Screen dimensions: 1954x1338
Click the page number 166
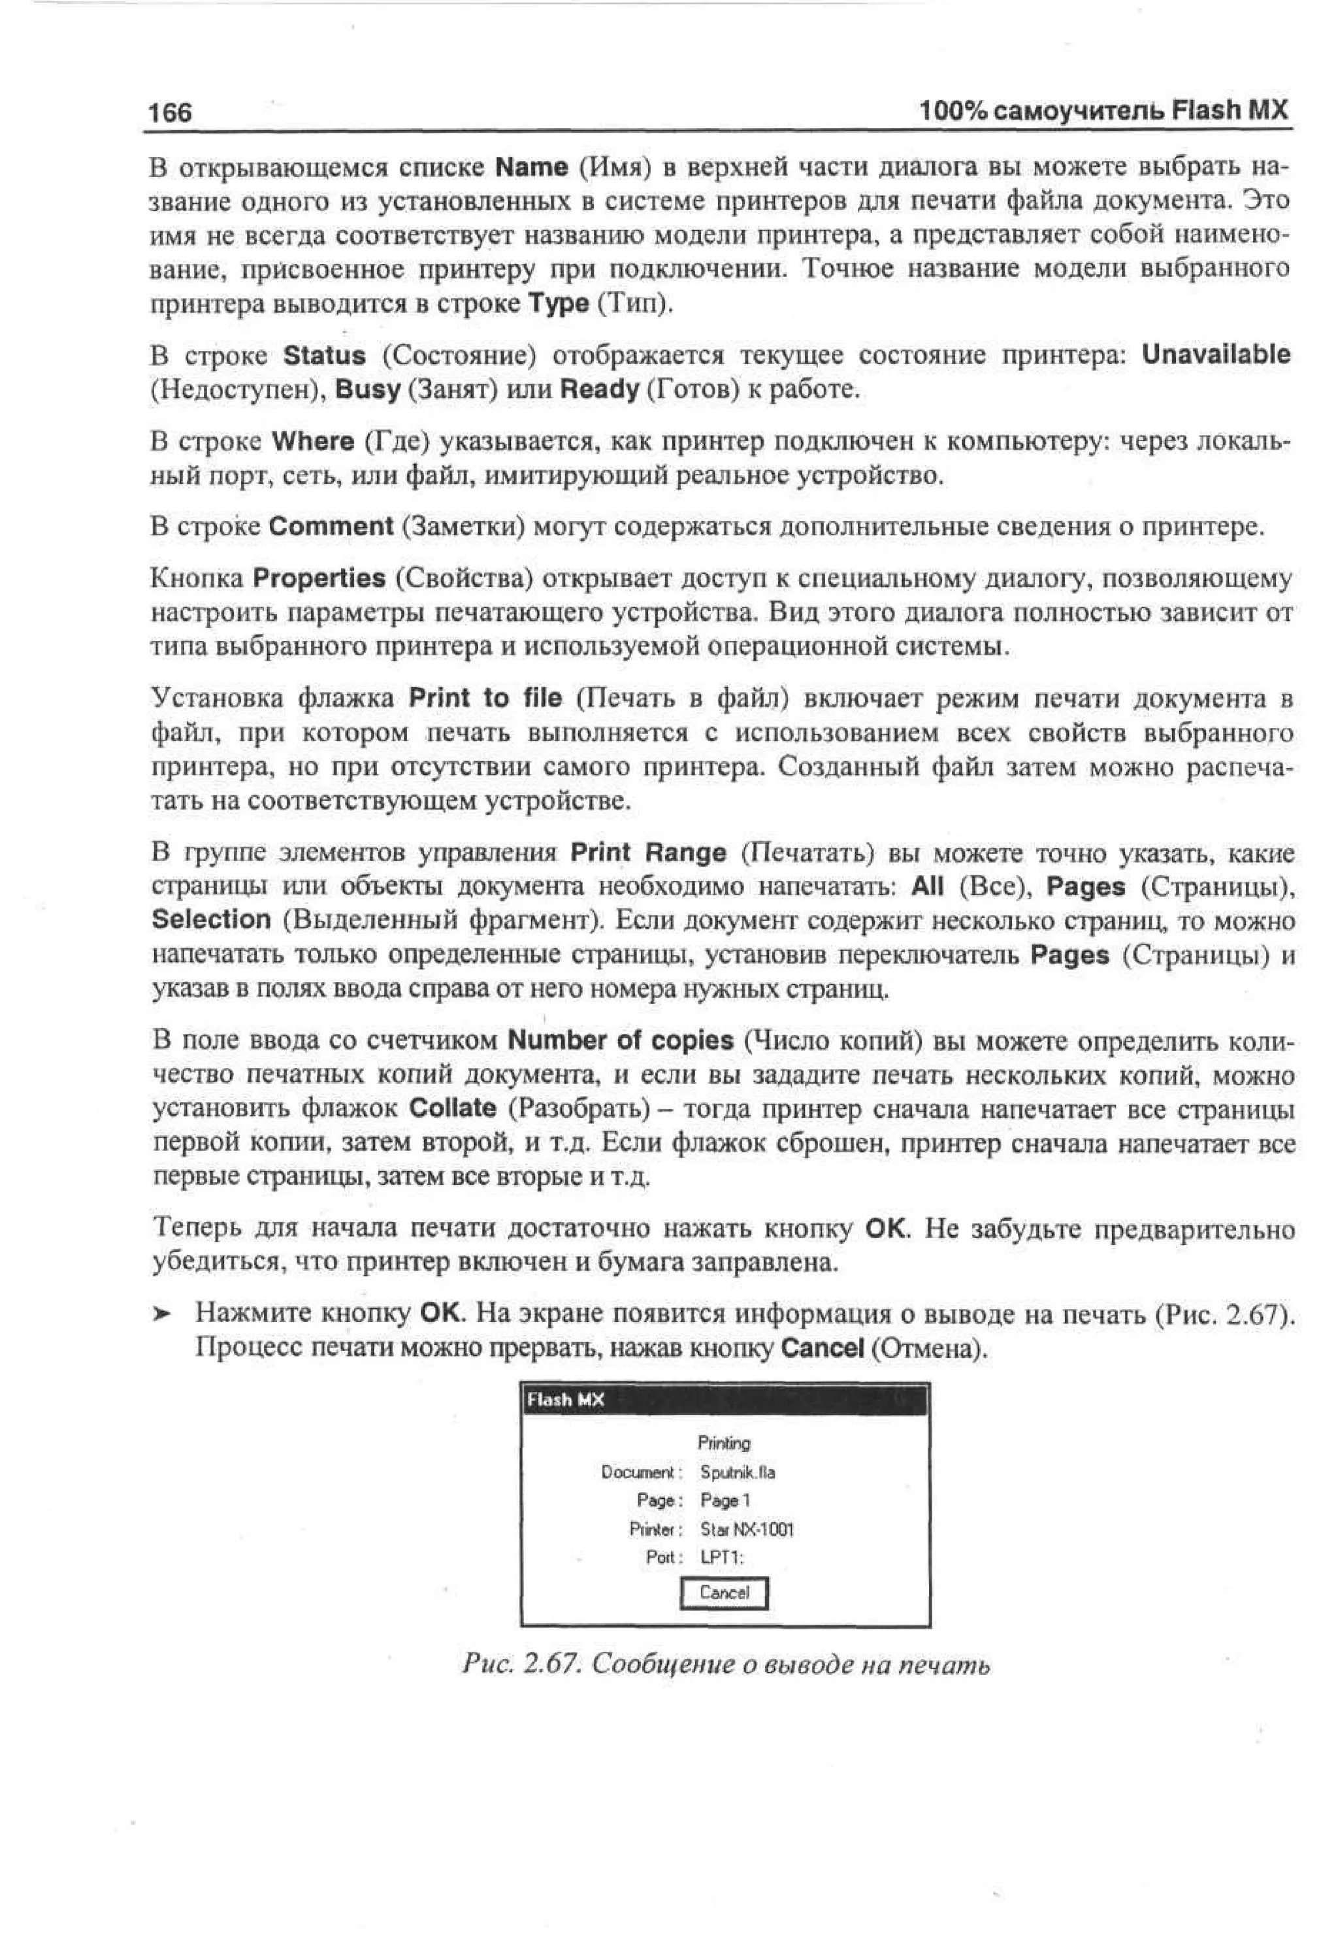(x=170, y=112)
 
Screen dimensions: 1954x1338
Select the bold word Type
(x=558, y=303)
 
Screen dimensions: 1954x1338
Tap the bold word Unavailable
(x=1215, y=354)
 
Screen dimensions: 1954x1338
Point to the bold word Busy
(x=367, y=389)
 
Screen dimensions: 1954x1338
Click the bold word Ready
(x=598, y=389)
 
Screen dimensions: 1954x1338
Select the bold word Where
(x=313, y=441)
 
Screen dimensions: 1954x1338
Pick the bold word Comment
(x=331, y=527)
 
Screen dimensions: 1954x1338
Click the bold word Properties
(x=319, y=578)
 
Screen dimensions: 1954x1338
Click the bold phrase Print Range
(x=648, y=853)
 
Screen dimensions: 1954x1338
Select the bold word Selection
(x=211, y=920)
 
